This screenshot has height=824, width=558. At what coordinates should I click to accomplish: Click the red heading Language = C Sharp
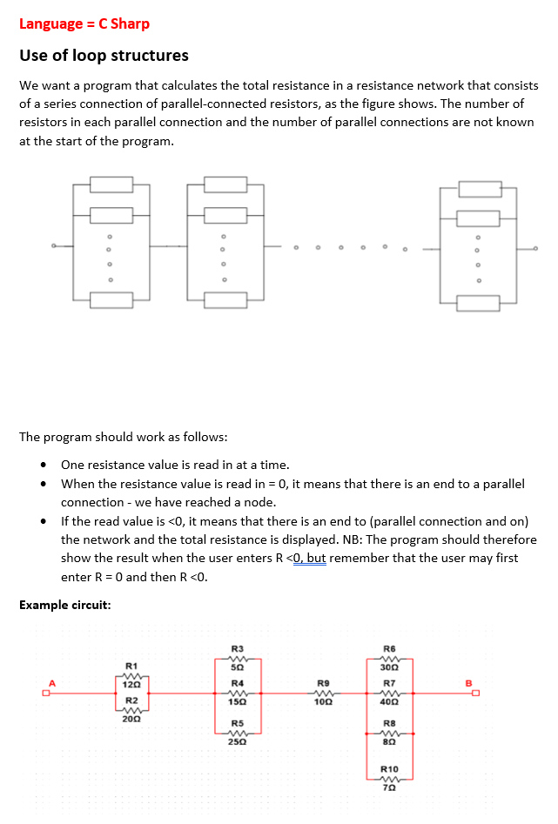[84, 23]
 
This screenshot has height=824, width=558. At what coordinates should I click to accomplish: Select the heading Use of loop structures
[104, 56]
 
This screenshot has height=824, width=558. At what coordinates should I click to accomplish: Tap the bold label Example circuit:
[64, 605]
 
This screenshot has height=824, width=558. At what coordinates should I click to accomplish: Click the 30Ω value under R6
[390, 667]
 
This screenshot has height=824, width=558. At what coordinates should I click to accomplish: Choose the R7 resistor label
[390, 683]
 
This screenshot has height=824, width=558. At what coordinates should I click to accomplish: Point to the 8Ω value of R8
[390, 742]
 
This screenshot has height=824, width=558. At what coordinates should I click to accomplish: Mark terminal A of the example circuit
[51, 682]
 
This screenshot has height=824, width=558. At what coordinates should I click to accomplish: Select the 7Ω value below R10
[390, 787]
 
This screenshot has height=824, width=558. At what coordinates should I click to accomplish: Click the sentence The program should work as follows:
[124, 437]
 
